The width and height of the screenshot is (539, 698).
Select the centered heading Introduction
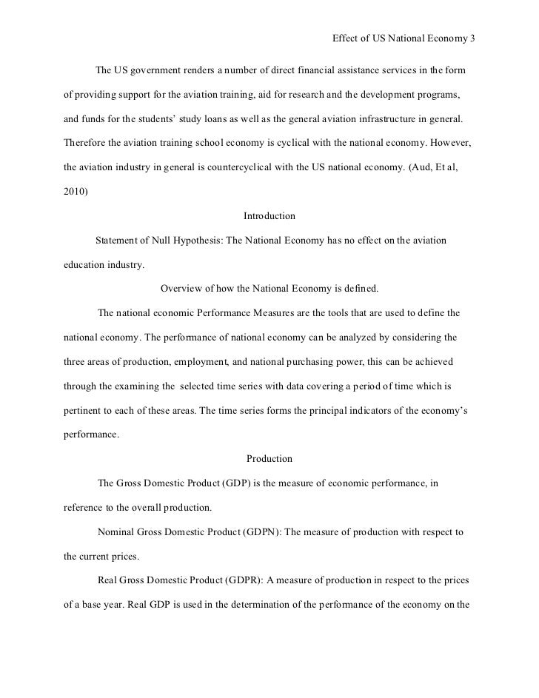coord(269,216)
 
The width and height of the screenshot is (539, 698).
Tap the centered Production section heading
coord(269,459)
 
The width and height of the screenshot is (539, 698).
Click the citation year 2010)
coord(74,192)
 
